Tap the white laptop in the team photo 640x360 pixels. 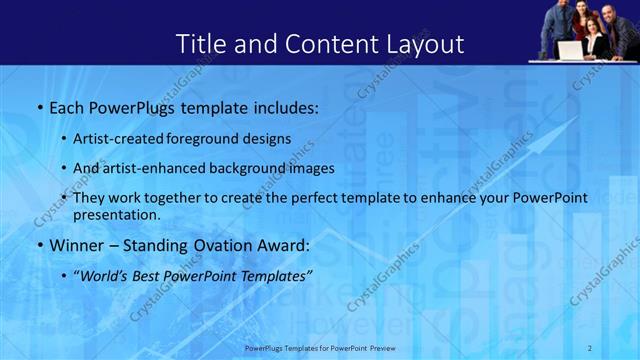click(x=569, y=49)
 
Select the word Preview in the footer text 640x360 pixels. click(x=391, y=349)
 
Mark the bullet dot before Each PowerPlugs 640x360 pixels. click(x=38, y=106)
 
